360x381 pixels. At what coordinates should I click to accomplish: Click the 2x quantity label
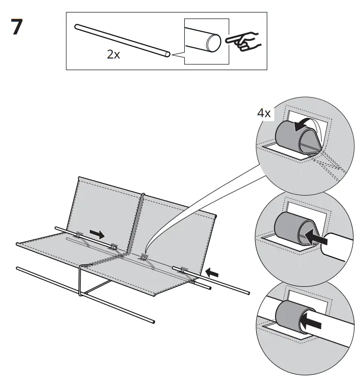point(113,55)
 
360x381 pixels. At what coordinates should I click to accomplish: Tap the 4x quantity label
point(264,113)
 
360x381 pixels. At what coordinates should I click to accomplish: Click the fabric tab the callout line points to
point(143,257)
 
